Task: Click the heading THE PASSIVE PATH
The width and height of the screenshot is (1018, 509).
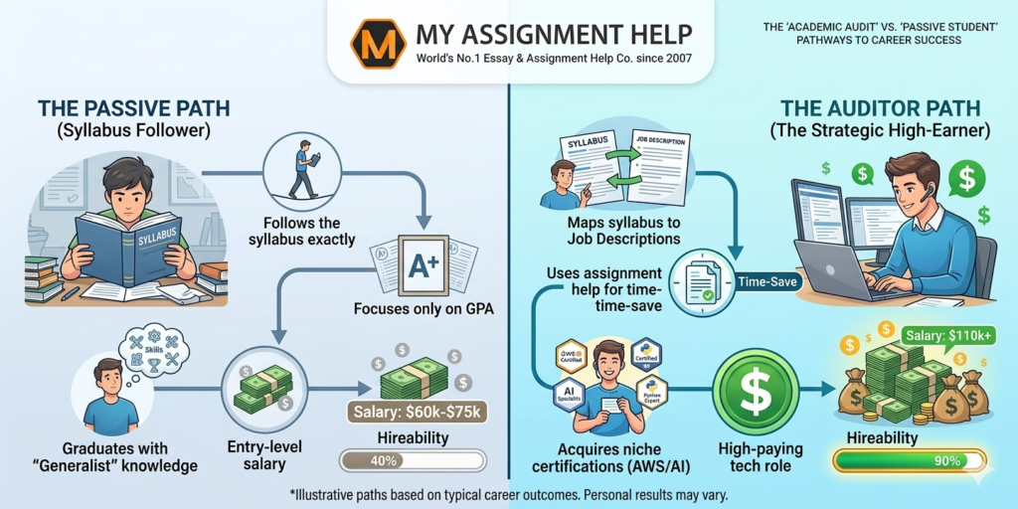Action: tap(119, 107)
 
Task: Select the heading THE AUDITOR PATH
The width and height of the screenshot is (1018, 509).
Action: tap(881, 107)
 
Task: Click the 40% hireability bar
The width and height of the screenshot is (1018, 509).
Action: tap(413, 460)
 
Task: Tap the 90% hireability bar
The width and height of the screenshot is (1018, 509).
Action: tap(909, 460)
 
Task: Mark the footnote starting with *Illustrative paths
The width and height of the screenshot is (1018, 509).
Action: tap(508, 494)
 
